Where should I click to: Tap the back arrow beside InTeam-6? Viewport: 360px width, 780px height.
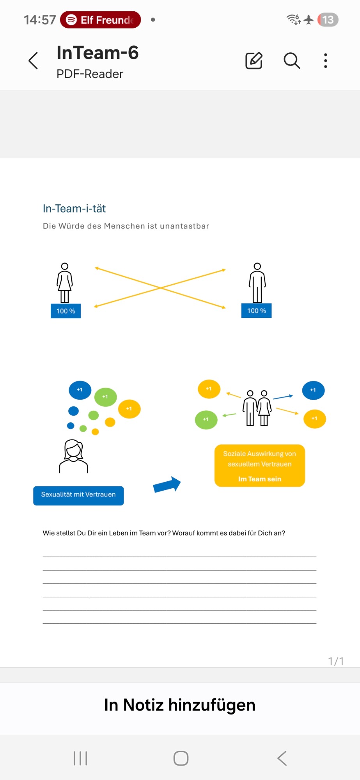point(34,61)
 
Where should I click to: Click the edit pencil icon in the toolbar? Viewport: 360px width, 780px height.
point(254,61)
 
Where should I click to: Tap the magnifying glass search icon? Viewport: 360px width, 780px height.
point(291,61)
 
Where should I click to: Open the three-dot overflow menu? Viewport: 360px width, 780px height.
point(325,61)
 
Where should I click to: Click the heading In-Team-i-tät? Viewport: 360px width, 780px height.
point(74,209)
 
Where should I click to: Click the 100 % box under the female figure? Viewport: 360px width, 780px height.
point(66,311)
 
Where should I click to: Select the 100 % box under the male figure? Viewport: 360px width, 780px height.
point(256,310)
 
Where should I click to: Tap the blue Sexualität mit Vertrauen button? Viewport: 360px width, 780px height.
point(78,495)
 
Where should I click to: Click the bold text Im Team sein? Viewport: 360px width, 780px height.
point(259,479)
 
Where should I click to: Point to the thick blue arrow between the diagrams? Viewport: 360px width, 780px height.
point(167,485)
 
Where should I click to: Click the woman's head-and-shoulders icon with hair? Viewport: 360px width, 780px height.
point(73,456)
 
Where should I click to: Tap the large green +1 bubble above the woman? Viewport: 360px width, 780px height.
point(105,397)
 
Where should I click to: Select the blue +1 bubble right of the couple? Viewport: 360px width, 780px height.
point(313,390)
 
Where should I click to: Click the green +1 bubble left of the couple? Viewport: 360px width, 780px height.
point(206,420)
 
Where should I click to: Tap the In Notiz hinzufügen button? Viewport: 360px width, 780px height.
point(180,705)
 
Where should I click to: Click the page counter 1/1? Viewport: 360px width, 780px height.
point(336,661)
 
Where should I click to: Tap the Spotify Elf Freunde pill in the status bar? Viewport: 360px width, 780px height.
point(100,20)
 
